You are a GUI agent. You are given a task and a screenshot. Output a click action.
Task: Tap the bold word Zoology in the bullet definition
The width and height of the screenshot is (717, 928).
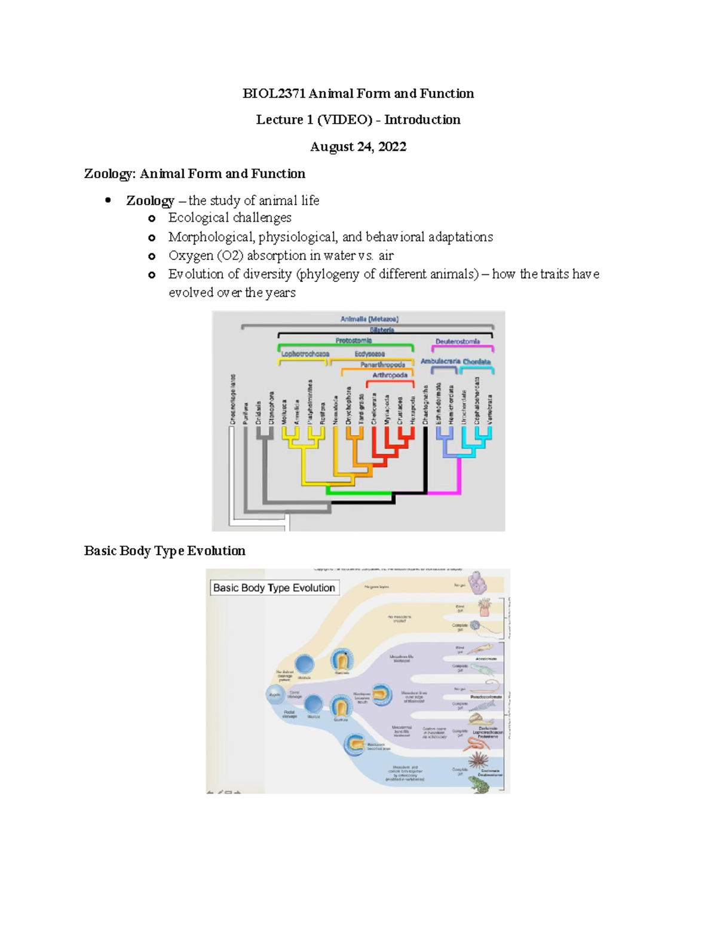[150, 201]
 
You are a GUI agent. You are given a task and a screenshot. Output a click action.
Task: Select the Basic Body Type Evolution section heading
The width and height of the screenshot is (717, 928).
[164, 551]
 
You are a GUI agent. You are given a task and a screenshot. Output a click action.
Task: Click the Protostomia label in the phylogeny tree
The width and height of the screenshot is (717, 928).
[353, 341]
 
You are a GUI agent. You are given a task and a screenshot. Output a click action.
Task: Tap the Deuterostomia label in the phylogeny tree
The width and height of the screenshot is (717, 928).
[457, 341]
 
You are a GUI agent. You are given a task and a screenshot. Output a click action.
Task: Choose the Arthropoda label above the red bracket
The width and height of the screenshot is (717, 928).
[390, 375]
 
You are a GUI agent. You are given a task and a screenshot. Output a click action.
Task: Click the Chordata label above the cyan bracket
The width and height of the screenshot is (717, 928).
[476, 362]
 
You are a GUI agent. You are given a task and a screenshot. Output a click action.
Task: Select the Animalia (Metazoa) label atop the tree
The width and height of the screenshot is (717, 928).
[369, 319]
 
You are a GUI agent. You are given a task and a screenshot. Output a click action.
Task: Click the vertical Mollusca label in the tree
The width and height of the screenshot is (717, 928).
[285, 412]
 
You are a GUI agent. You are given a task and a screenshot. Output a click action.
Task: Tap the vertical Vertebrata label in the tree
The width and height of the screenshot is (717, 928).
[490, 409]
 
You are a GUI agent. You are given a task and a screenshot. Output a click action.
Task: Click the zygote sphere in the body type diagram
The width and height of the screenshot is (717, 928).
[275, 694]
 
